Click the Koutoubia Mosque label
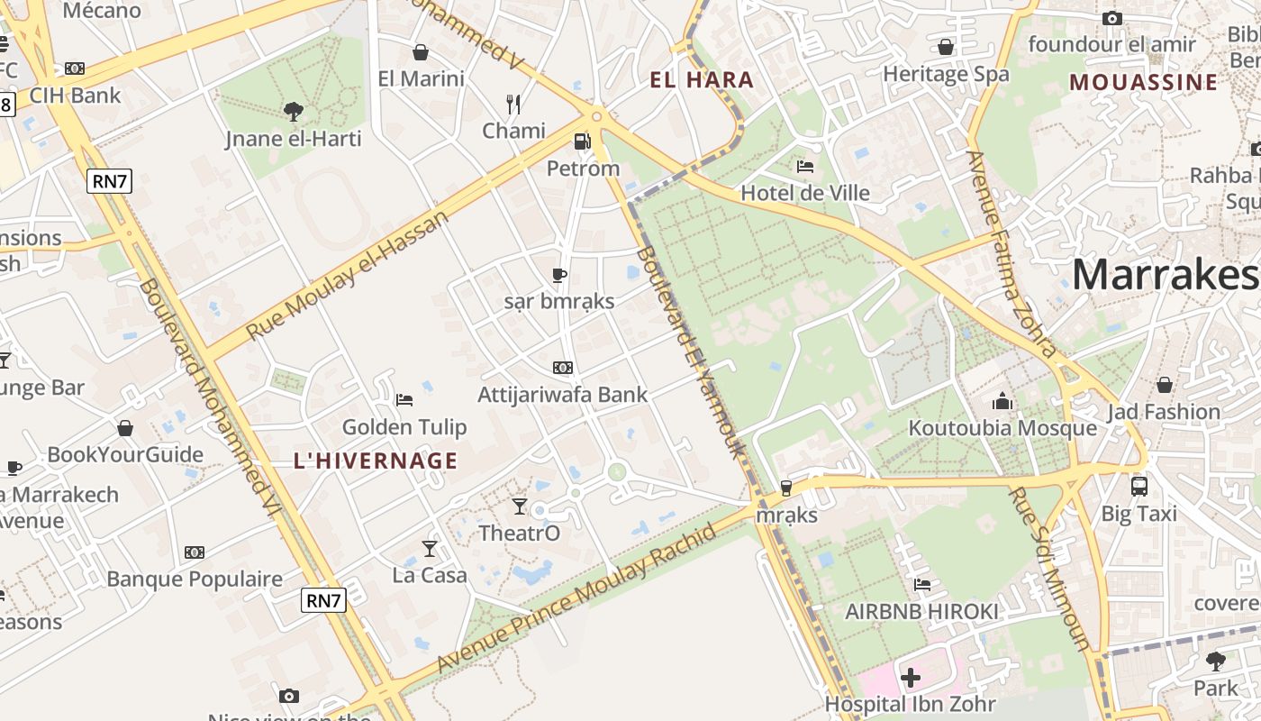pos(1002,427)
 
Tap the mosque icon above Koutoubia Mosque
pos(1002,402)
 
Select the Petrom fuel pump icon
pos(583,141)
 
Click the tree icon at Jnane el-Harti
pos(293,112)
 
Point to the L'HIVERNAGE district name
pos(376,461)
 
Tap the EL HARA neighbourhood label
pos(702,79)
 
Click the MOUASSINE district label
pos(1143,82)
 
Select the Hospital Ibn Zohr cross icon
pos(911,677)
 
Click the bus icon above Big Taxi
pos(1139,487)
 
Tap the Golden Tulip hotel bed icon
pos(404,399)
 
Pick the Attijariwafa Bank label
pos(562,395)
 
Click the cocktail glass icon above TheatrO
pos(520,506)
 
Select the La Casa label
pos(430,575)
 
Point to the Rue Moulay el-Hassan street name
pos(347,276)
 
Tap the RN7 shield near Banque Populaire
pos(323,599)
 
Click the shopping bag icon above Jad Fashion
pos(1164,386)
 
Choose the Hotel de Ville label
pos(804,193)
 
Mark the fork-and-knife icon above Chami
pos(513,105)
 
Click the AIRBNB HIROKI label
pos(921,612)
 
